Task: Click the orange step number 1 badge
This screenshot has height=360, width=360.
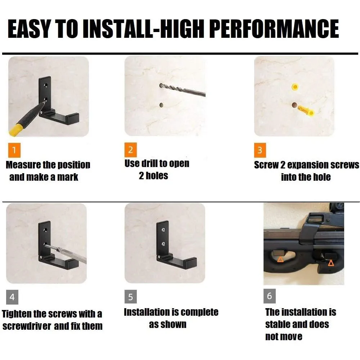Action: coord(14,150)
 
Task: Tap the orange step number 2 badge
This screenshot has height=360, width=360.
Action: coord(131,150)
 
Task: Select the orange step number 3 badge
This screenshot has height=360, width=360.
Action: coord(260,150)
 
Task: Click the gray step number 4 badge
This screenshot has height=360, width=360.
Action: coord(12,297)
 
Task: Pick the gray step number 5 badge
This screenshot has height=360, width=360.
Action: coord(131,297)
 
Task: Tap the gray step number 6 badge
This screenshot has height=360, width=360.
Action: coord(270,296)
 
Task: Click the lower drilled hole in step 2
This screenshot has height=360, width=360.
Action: coord(161,105)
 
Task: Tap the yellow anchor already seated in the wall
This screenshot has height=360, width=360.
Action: coord(295,87)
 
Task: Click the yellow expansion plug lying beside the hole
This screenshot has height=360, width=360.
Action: coord(306,111)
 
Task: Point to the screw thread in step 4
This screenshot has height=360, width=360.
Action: coord(51,247)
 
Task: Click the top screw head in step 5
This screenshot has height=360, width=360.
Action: coord(163,229)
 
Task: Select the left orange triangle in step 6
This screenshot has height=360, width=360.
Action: coord(280,260)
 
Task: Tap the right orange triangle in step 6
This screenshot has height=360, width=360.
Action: coord(331,263)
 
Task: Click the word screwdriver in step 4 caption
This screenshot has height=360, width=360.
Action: coord(27,326)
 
